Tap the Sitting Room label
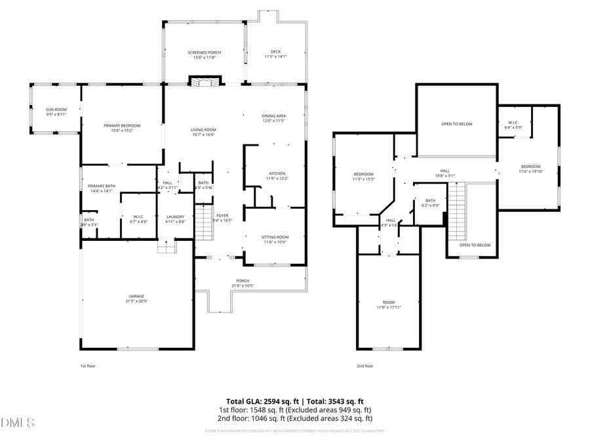[x=275, y=240]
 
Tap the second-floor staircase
[x=456, y=211]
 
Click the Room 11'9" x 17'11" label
[x=389, y=305]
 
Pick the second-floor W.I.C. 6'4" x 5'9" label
[x=513, y=125]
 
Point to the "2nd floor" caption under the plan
[x=364, y=366]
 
